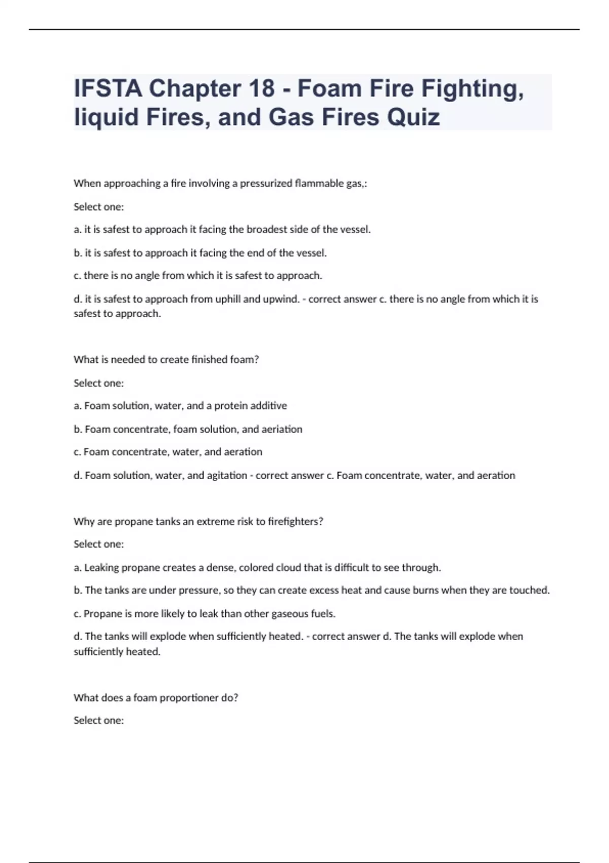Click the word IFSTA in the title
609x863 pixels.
click(108, 89)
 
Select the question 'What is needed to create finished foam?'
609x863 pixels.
click(166, 359)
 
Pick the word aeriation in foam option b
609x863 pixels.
click(282, 429)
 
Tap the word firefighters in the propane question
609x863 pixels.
click(295, 521)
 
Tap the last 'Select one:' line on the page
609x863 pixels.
click(98, 720)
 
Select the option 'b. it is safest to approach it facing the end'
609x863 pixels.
click(200, 253)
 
